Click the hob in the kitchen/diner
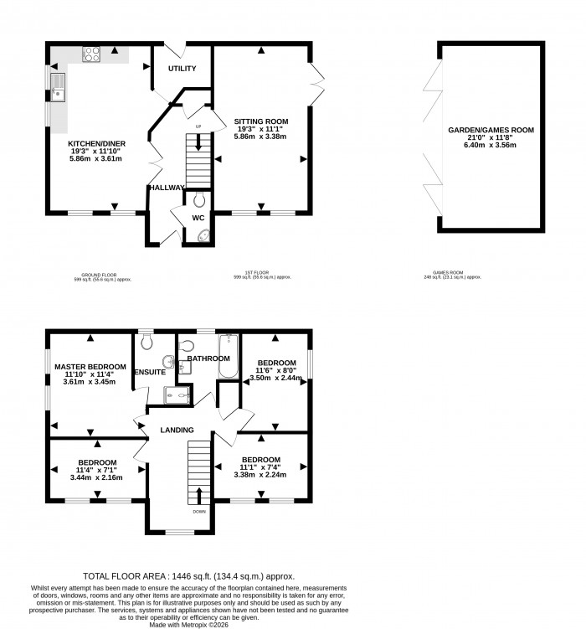click(x=93, y=54)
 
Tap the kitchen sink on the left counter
click(x=59, y=85)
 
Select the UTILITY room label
click(x=182, y=69)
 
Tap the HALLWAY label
click(x=166, y=188)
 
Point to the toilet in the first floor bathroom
click(x=187, y=344)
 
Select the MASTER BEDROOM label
click(x=90, y=367)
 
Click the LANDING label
click(x=177, y=431)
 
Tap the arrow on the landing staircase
click(x=199, y=493)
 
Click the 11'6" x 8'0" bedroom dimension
click(x=276, y=370)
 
